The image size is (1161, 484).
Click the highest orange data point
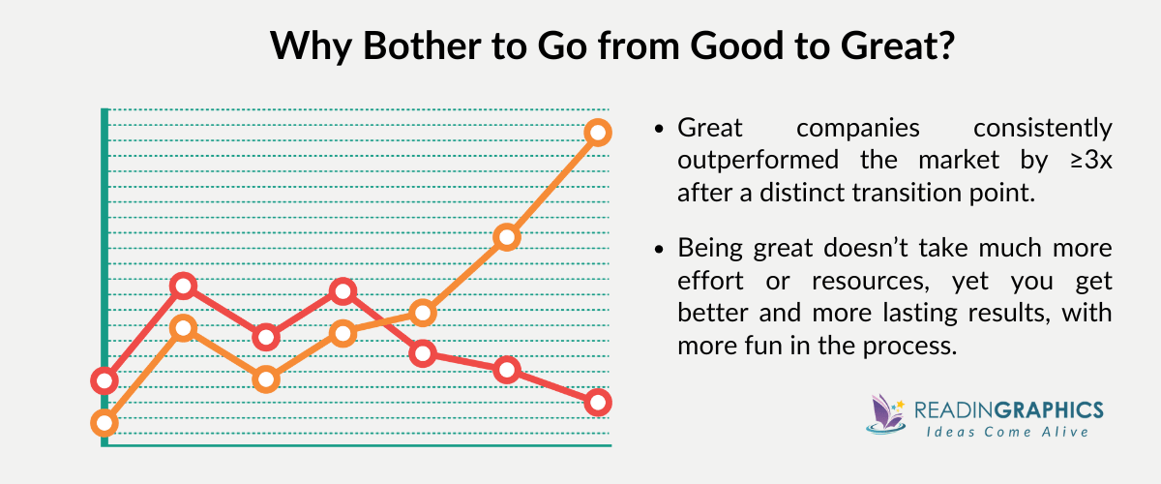597,133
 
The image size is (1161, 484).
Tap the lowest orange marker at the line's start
104,423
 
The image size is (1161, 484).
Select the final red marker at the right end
597,402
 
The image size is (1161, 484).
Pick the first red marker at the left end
104,380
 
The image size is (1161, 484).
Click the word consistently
1042,128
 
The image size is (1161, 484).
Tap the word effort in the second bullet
711,282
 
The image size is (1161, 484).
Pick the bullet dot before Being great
659,250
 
